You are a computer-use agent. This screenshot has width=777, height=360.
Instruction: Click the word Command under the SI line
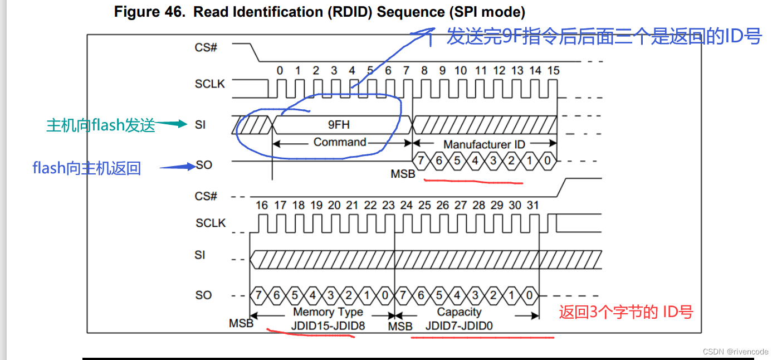pos(340,142)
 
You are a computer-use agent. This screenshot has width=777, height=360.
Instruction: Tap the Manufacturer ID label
pos(484,144)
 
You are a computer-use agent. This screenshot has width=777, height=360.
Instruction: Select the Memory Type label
pos(328,312)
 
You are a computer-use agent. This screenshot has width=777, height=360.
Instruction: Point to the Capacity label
pos(459,312)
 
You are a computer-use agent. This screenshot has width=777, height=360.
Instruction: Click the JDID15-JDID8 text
pos(328,325)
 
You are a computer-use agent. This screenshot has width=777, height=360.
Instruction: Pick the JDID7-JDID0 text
pos(459,325)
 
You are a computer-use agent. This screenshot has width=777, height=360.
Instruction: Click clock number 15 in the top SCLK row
pos(553,71)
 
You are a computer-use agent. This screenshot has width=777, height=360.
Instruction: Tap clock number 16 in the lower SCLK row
pos(262,206)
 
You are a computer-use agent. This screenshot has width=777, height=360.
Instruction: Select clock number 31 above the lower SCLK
pos(533,206)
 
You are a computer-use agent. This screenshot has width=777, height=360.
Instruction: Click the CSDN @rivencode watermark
pos(735,352)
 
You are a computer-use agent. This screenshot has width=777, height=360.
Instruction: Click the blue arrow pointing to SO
pos(179,166)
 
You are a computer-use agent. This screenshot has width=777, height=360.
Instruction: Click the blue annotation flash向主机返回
pos(87,168)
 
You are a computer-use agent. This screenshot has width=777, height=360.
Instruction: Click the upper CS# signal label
pos(206,47)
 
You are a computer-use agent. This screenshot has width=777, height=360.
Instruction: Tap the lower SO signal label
pos(204,295)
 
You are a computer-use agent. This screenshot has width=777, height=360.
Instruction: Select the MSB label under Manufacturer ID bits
pos(403,174)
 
